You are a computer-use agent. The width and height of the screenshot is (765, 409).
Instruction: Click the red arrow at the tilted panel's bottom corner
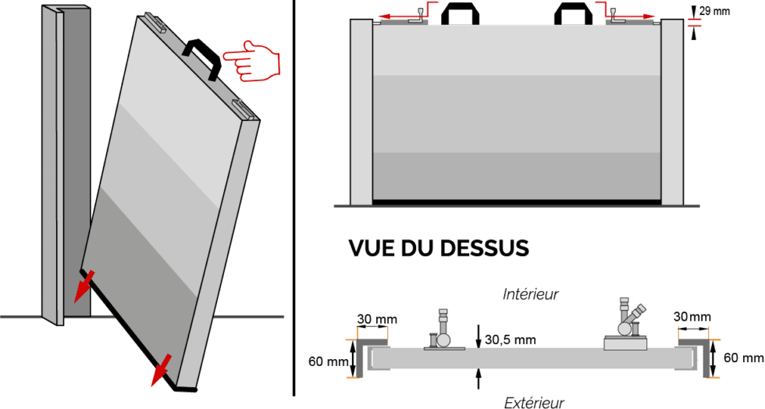(x=162, y=369)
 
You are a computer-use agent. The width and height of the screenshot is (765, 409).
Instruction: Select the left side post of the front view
(x=361, y=111)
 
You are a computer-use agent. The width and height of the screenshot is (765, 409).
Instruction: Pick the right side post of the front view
(x=672, y=111)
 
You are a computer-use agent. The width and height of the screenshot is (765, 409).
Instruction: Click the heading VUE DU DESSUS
(x=438, y=248)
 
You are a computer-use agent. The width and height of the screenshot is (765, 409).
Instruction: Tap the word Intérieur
(x=530, y=294)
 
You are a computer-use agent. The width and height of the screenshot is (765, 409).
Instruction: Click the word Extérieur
(x=534, y=402)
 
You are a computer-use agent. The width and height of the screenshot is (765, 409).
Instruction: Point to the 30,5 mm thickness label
(x=511, y=340)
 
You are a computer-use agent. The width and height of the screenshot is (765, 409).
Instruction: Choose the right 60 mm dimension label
(x=744, y=358)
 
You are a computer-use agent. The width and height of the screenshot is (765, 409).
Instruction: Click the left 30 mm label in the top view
(x=377, y=318)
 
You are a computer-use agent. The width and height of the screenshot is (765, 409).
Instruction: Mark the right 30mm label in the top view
(x=692, y=316)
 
